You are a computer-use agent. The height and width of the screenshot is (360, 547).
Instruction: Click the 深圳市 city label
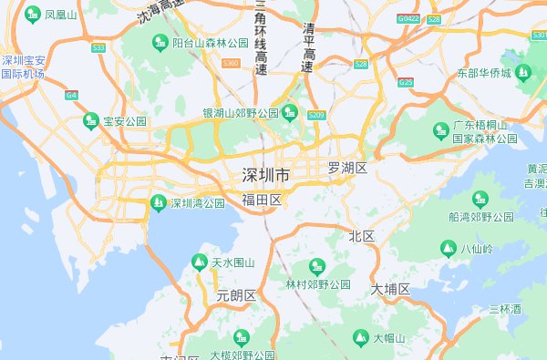pyautogui.click(x=266, y=175)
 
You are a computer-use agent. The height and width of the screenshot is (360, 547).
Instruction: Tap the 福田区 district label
pyautogui.click(x=262, y=200)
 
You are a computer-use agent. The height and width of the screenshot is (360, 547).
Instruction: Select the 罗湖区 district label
pyautogui.click(x=346, y=169)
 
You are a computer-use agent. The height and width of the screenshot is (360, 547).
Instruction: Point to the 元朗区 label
pyautogui.click(x=237, y=295)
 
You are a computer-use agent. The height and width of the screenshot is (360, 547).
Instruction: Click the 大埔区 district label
pyautogui.click(x=390, y=289)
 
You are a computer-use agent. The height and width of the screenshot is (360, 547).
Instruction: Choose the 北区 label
pyautogui.click(x=362, y=236)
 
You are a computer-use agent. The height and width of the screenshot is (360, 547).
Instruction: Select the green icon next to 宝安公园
pyautogui.click(x=90, y=120)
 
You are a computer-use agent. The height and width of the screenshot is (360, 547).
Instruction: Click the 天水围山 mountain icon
pyautogui.click(x=199, y=262)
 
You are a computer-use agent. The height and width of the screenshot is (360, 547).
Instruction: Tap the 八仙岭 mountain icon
pyautogui.click(x=448, y=248)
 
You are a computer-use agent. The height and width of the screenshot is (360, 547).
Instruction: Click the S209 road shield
pyautogui.click(x=317, y=116)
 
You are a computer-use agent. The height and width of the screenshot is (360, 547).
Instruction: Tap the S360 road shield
pyautogui.click(x=231, y=64)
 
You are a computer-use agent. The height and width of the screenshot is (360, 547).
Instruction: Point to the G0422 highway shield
pyautogui.click(x=408, y=18)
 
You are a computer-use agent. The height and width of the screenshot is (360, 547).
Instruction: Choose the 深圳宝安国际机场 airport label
pyautogui.click(x=23, y=67)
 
